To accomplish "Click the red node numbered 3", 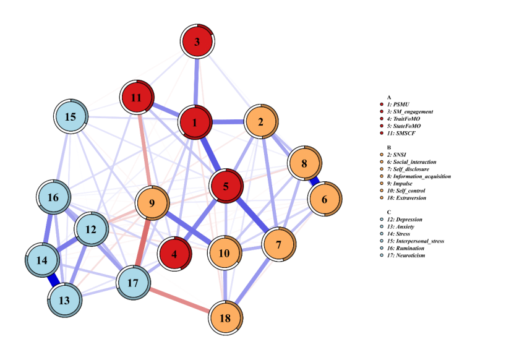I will click(197, 42).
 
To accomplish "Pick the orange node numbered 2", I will click(261, 122).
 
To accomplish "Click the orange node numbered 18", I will click(225, 319).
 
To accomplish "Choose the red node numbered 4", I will click(175, 254).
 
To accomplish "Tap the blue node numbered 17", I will click(134, 283).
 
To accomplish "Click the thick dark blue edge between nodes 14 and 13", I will click(53, 281).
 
